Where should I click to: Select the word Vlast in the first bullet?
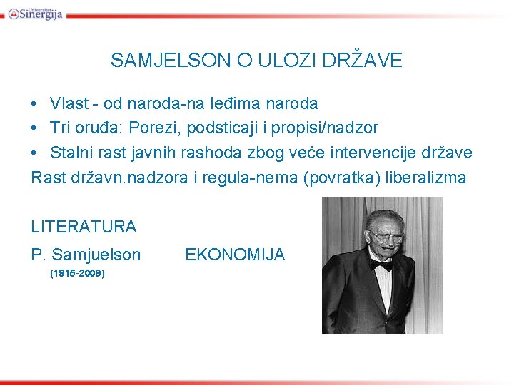69,103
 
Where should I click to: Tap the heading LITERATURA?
84,227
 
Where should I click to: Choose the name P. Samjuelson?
86,255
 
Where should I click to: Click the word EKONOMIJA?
235,255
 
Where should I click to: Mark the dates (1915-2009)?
77,273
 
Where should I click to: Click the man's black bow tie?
381,265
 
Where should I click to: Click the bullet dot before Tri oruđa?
35,128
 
